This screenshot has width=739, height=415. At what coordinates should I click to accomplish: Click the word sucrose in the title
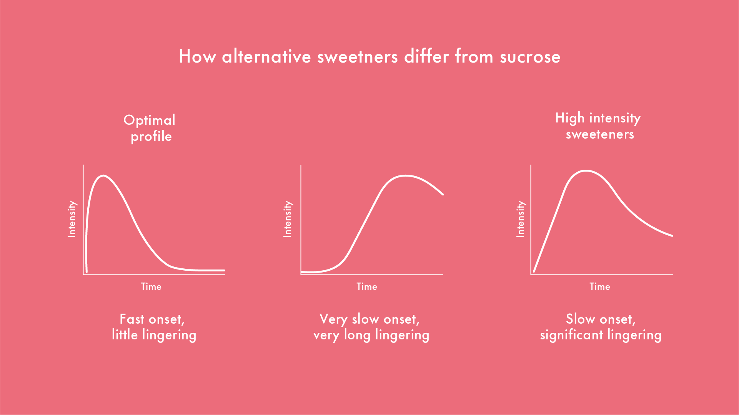pos(530,57)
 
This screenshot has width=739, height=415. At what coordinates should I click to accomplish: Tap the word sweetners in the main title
pos(358,57)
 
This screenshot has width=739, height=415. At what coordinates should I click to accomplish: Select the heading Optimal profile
pos(150,128)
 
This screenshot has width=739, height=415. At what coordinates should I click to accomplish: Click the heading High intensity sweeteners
pos(598,126)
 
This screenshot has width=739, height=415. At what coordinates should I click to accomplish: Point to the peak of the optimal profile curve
pos(103,176)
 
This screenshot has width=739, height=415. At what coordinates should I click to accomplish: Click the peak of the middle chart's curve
pos(406,176)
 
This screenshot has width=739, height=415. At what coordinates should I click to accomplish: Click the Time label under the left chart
pos(151,287)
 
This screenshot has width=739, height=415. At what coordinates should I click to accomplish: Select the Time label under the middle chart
pos(367,287)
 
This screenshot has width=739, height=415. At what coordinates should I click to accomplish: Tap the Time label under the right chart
pos(600,287)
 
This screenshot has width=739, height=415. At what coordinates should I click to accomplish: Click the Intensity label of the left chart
pos(72,219)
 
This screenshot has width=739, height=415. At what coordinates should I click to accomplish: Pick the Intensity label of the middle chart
pos(288,219)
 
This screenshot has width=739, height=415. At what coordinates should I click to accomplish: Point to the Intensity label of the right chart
pos(520,219)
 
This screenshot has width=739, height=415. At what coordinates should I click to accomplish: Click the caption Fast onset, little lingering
pos(154,327)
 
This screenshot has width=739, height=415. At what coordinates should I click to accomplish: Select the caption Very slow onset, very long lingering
pos(371,327)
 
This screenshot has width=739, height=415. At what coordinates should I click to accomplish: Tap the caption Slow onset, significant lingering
pos(601,327)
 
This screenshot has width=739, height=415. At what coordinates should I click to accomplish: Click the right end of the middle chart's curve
pos(443,194)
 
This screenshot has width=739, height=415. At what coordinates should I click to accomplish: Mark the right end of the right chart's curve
pos(672,235)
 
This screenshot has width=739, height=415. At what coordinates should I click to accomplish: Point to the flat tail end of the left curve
pos(224,271)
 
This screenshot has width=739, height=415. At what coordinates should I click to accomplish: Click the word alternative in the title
pos(266,57)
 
